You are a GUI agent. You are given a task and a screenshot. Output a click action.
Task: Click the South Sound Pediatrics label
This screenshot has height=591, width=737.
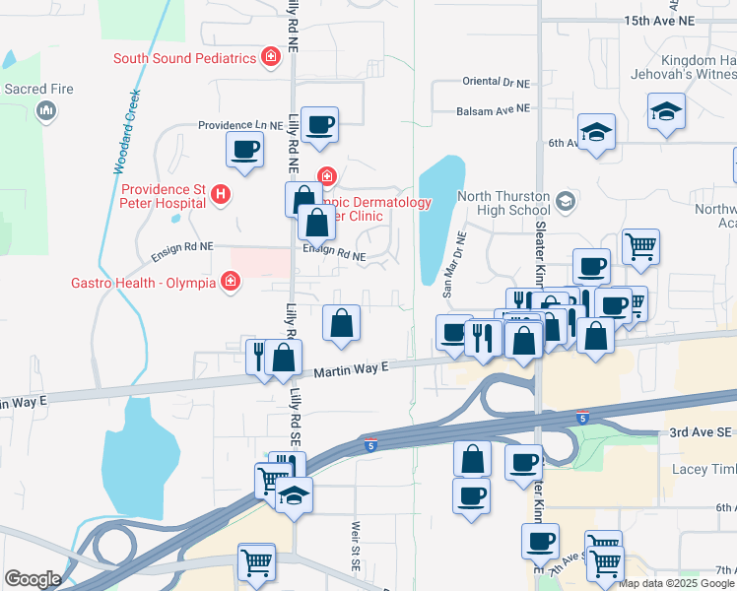[184, 58]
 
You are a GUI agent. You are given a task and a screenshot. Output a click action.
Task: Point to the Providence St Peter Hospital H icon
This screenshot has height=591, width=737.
[221, 195]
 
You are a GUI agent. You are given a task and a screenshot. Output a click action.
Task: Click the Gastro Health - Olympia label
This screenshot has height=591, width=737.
[143, 283]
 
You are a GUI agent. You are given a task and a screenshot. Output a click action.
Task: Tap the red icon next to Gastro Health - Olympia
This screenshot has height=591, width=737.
[231, 283]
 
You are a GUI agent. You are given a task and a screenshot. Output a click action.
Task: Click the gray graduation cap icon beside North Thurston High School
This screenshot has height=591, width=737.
[565, 202]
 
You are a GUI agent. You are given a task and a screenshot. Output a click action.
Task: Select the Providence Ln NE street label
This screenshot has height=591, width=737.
[240, 125]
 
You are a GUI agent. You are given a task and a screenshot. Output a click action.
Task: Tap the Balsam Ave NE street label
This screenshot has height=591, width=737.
[494, 108]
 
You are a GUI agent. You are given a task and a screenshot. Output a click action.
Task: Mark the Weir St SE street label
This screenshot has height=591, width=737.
[353, 536]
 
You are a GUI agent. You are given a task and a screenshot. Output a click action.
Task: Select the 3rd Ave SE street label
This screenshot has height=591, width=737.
[697, 432]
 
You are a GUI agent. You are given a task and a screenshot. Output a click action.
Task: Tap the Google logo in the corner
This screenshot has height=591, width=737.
[33, 579]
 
